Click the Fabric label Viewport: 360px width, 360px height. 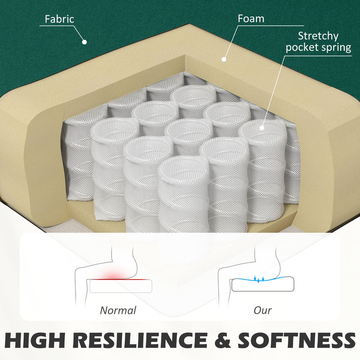click(59, 19)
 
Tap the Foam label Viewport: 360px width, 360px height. click(251, 18)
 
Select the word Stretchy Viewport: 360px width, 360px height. click(318, 36)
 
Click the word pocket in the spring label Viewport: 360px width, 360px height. click(302, 48)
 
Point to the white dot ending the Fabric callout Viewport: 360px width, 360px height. click(85, 42)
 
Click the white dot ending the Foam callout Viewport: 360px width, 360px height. click(224, 59)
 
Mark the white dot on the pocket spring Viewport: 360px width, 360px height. click(262, 128)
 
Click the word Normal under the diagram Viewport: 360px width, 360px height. click(118, 310)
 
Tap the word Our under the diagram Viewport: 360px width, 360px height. click(263, 310)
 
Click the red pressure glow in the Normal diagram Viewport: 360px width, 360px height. click(113, 275)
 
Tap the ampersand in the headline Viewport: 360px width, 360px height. click(222, 340)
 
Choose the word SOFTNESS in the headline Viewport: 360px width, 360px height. click(297, 340)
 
